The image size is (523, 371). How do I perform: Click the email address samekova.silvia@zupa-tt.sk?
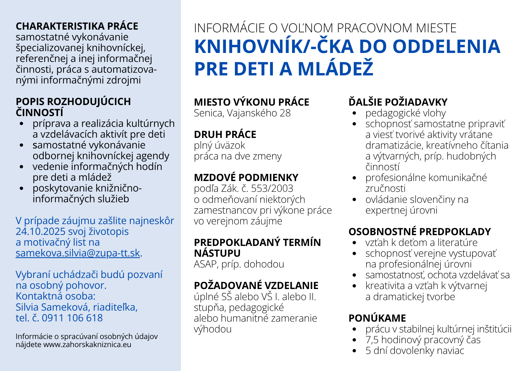click(78, 253)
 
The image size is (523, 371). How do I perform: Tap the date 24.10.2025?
click(40, 232)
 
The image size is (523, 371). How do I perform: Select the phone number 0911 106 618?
click(72, 318)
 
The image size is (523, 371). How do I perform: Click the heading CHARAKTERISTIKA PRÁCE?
click(77, 26)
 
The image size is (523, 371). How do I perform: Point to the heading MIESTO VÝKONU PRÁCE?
click(251, 102)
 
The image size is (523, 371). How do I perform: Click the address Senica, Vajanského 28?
click(242, 113)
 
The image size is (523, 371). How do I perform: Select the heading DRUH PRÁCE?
click(225, 135)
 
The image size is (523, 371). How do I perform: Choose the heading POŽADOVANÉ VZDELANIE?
click(256, 286)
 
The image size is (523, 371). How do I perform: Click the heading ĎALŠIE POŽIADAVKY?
click(398, 102)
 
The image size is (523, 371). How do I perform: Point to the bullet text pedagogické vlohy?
click(405, 113)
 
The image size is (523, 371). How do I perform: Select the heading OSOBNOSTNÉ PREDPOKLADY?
click(419, 232)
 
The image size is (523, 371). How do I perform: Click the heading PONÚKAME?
click(377, 318)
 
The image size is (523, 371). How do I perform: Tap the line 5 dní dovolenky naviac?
click(415, 351)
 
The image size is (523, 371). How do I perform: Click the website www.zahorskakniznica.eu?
click(87, 344)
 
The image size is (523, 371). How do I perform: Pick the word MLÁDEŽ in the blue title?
click(335, 69)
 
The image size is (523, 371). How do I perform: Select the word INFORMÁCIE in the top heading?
click(229, 28)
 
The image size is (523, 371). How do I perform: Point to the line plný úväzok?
click(219, 145)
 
